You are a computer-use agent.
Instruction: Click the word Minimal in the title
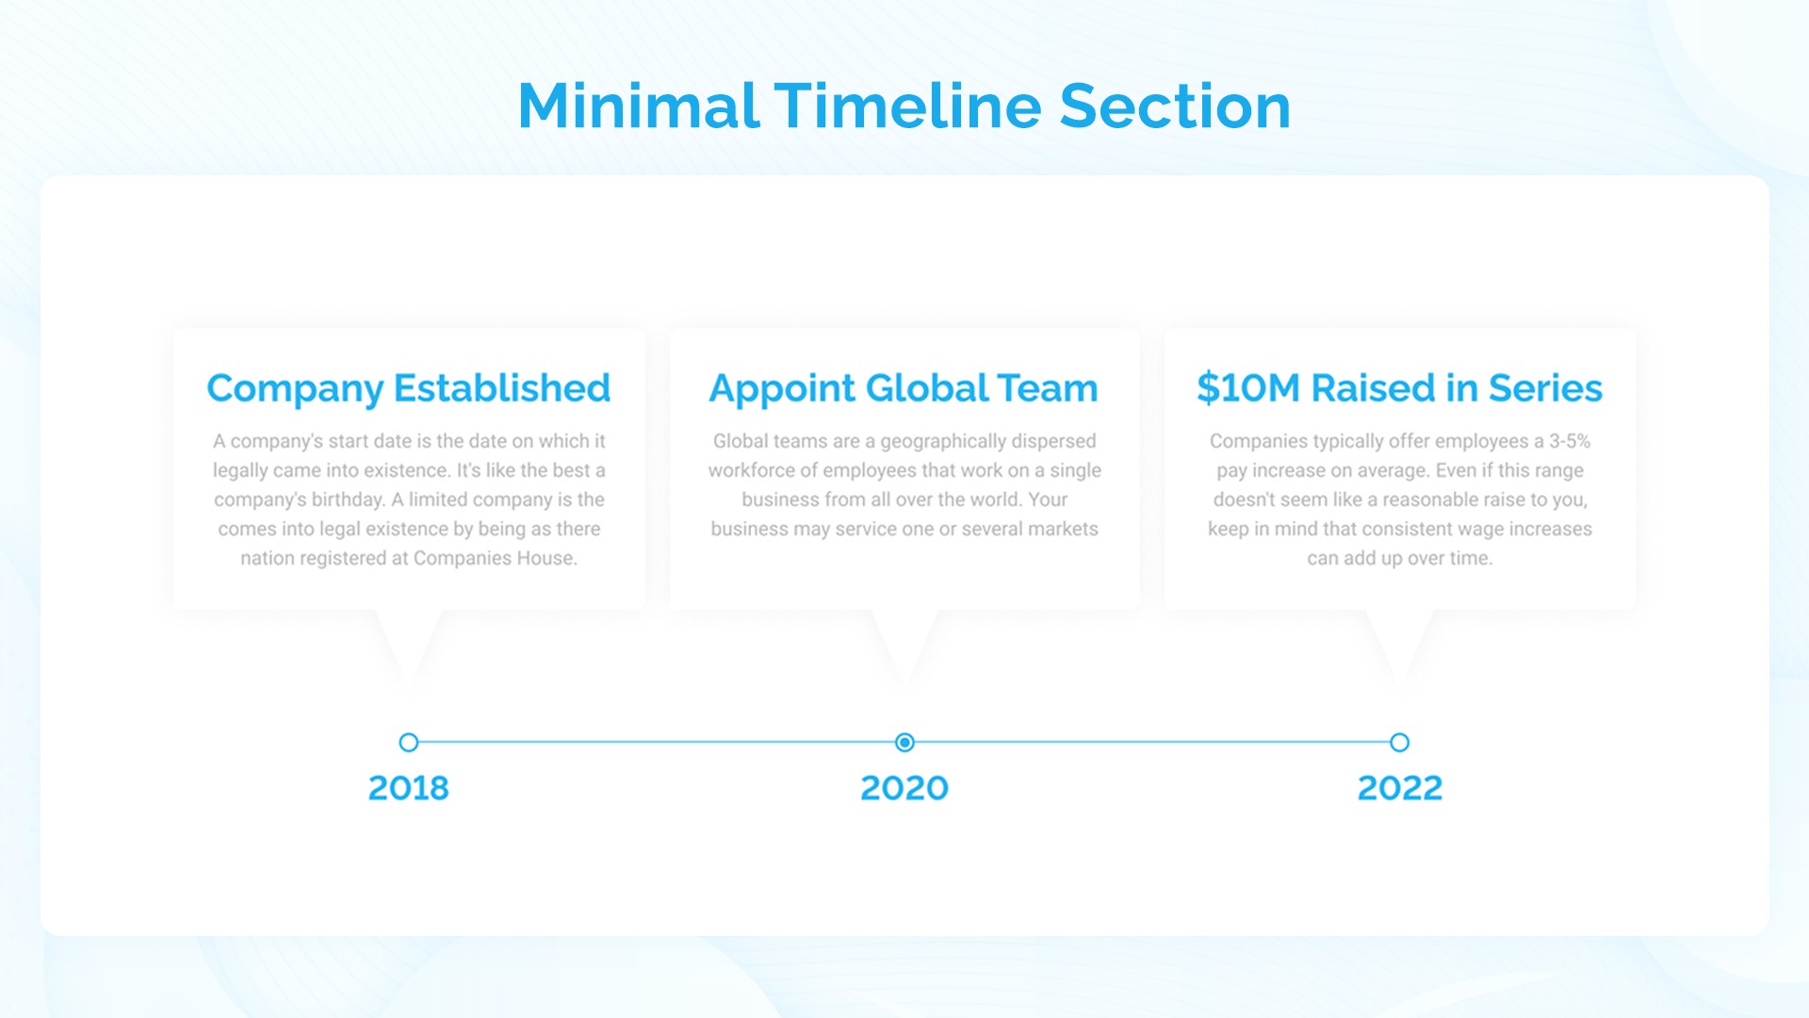pyautogui.click(x=638, y=106)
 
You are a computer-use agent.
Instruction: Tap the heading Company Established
pyautogui.click(x=408, y=388)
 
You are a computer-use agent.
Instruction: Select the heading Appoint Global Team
pyautogui.click(x=903, y=388)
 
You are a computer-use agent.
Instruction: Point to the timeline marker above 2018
pyautogui.click(x=408, y=743)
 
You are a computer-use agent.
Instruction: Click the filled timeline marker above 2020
pyautogui.click(x=904, y=743)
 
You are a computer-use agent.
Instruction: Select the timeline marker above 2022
pyautogui.click(x=1399, y=743)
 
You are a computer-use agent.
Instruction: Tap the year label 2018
pyautogui.click(x=408, y=788)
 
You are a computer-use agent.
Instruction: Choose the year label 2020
pyautogui.click(x=904, y=788)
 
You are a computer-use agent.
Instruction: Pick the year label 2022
pyautogui.click(x=1399, y=788)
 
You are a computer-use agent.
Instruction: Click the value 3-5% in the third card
pyautogui.click(x=1569, y=441)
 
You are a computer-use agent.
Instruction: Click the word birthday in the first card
pyautogui.click(x=348, y=500)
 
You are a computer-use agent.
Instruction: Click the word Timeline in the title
pyautogui.click(x=908, y=106)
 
